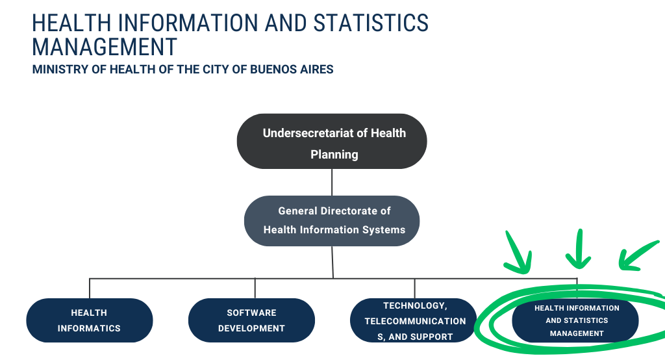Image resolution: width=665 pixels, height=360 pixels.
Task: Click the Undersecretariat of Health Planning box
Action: [x=331, y=142]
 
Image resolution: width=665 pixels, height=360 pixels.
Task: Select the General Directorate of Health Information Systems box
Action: [x=332, y=220]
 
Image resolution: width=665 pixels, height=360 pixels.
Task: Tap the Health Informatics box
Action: [x=89, y=320]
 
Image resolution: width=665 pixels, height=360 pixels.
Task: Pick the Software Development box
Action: [x=251, y=320]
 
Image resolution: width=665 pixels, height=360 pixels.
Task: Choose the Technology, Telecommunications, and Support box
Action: [x=414, y=320]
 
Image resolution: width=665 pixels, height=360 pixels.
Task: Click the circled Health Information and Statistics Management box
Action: [x=576, y=320]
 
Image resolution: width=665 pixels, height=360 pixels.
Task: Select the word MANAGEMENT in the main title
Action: [x=105, y=47]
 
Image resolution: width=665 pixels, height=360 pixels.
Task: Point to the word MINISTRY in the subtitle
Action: [x=60, y=69]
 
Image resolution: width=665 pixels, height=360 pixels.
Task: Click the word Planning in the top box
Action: [x=334, y=155]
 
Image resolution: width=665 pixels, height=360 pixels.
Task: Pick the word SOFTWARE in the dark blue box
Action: [x=251, y=313]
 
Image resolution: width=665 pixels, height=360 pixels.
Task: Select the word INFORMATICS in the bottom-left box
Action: [x=89, y=328]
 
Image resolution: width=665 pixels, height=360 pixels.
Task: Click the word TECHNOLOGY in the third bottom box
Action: [x=414, y=305]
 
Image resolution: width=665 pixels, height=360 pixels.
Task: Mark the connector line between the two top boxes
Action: [x=332, y=182]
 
